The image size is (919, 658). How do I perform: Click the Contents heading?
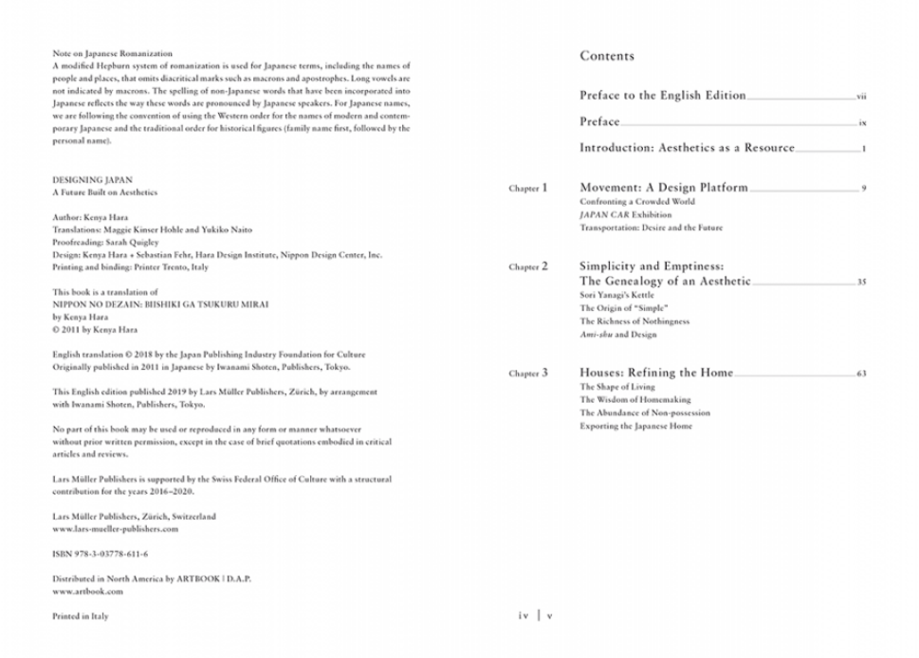607,56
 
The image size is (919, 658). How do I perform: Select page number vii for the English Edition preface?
860,97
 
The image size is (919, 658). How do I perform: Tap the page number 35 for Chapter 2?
861,283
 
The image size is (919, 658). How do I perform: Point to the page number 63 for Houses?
861,375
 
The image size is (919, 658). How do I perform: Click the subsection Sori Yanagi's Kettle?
616,296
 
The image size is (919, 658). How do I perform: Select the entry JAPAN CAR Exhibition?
625,215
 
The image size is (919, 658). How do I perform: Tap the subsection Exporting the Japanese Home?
635,427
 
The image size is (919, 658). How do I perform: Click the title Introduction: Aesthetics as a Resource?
687,148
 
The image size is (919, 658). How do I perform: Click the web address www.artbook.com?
88,592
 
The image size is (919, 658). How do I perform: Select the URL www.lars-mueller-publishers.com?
116,529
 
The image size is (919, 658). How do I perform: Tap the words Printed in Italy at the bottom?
81,616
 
